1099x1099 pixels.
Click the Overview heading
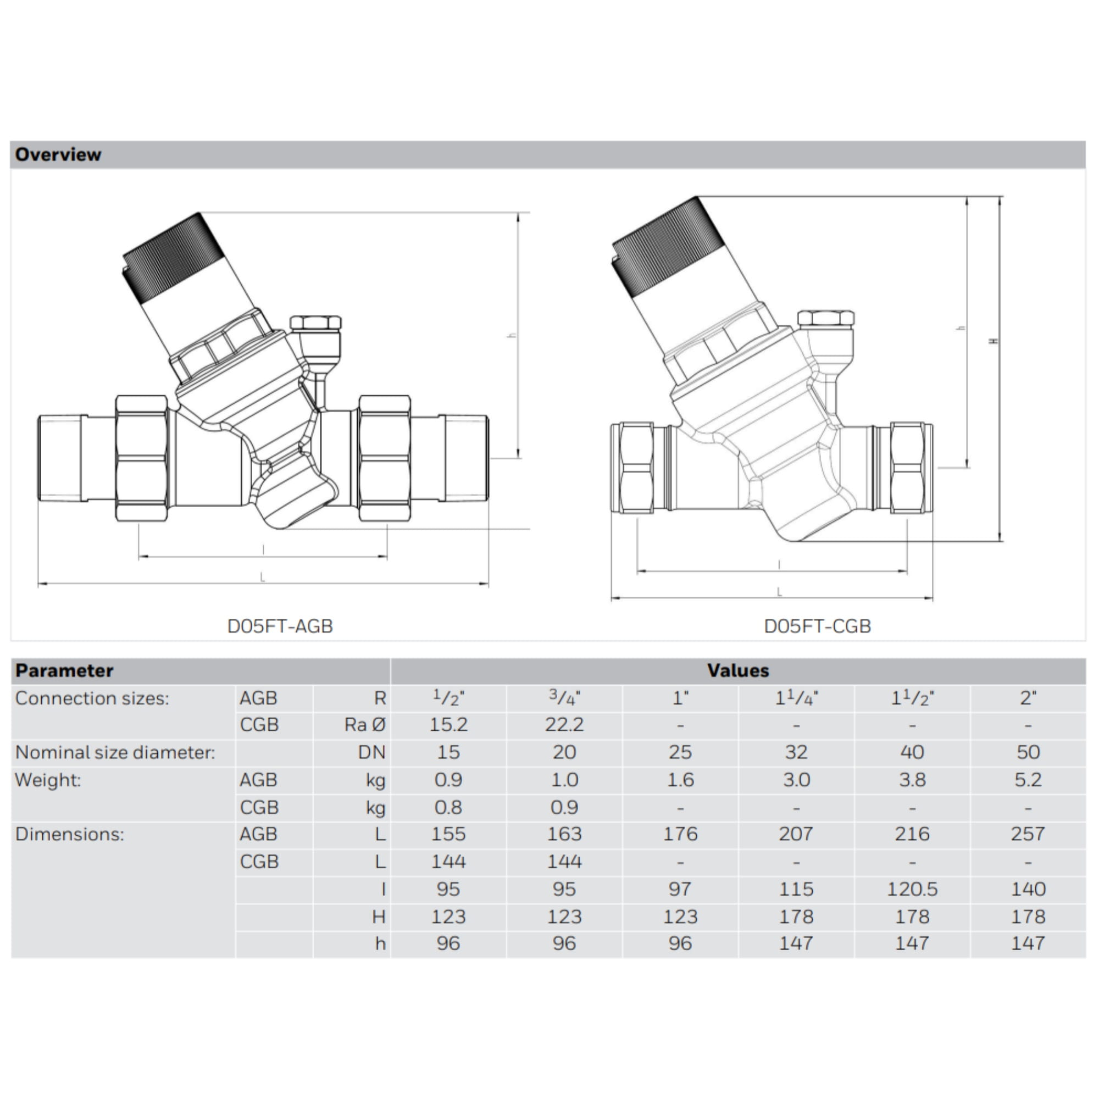(x=58, y=155)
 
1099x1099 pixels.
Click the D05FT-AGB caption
(x=280, y=626)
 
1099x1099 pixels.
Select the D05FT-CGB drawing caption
(x=818, y=626)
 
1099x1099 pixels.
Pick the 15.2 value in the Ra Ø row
(x=448, y=725)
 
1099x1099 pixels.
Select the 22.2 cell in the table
(x=564, y=725)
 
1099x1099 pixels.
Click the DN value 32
(x=796, y=753)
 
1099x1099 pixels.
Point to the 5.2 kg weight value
(x=1028, y=780)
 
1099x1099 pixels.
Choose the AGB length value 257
(x=1028, y=835)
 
